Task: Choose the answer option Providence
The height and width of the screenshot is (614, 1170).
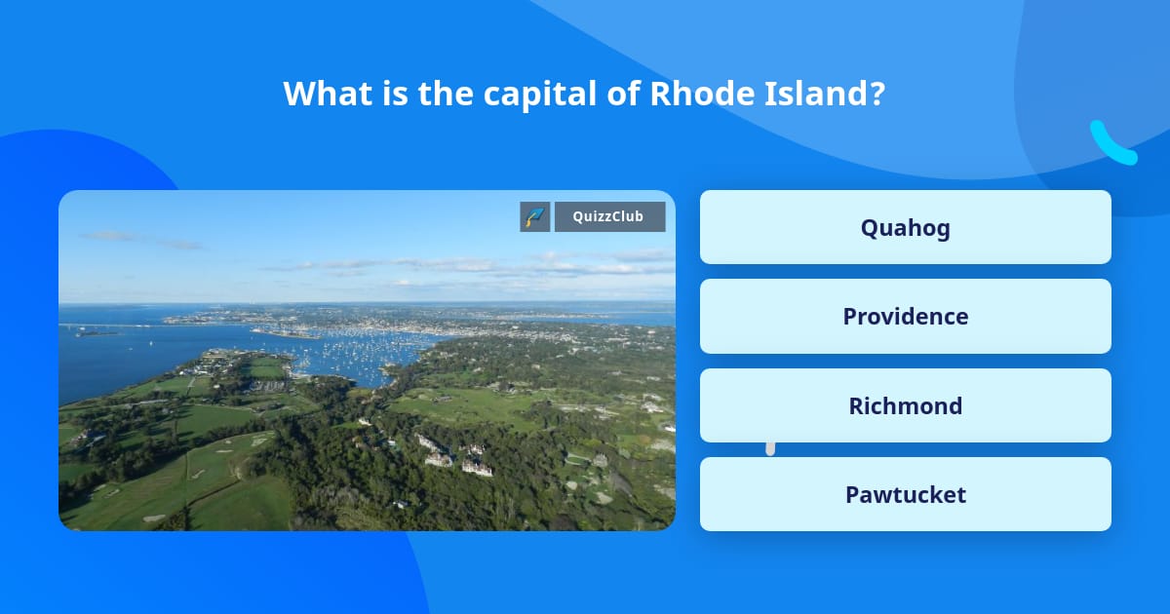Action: [905, 317]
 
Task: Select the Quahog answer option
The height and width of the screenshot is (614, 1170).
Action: [905, 228]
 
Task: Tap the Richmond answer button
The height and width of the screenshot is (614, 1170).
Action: [905, 405]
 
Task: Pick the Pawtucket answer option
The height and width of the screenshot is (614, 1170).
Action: [905, 494]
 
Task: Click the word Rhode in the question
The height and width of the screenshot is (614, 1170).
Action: [692, 94]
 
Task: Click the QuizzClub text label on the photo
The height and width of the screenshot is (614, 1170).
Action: [609, 217]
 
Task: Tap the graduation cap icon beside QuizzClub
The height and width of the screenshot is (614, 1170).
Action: [535, 217]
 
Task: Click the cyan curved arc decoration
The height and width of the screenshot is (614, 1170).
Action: [1111, 144]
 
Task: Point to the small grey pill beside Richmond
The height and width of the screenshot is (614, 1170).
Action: [770, 448]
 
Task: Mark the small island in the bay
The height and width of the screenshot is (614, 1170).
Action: [94, 332]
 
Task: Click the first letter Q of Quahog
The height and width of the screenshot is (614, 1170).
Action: [869, 228]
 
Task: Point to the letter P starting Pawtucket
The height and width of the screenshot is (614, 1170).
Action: [852, 494]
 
